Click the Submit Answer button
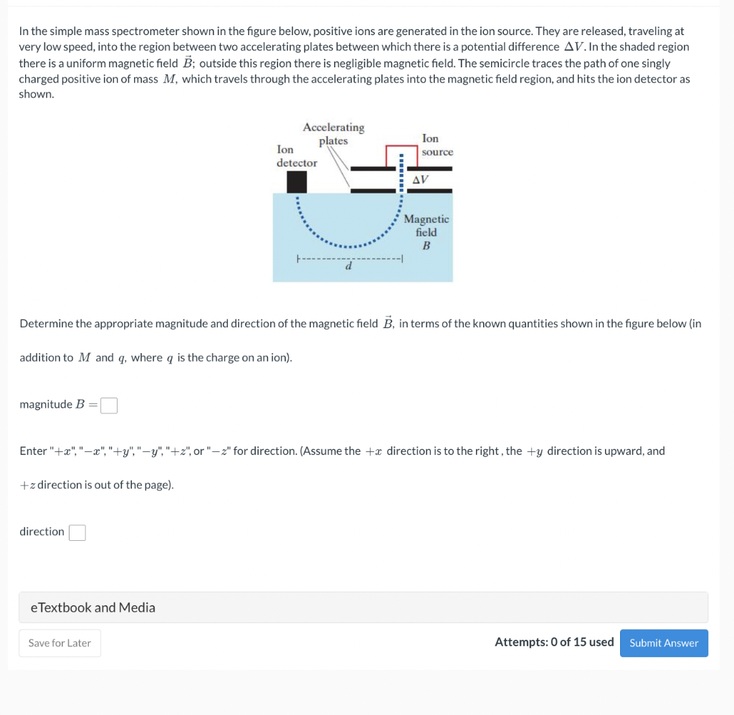coord(664,643)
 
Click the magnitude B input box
coord(109,406)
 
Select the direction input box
coord(77,532)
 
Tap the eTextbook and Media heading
coord(92,608)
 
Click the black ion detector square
coord(297,182)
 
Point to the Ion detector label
coord(296,156)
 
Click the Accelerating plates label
coord(333,134)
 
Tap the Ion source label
coord(436,145)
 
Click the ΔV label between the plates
coord(422,179)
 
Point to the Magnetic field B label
coord(426,231)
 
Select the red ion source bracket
coord(401,147)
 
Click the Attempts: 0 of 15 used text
coord(553,642)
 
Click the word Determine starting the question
coord(46,323)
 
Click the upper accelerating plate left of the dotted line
coord(373,169)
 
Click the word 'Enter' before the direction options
coord(33,451)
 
